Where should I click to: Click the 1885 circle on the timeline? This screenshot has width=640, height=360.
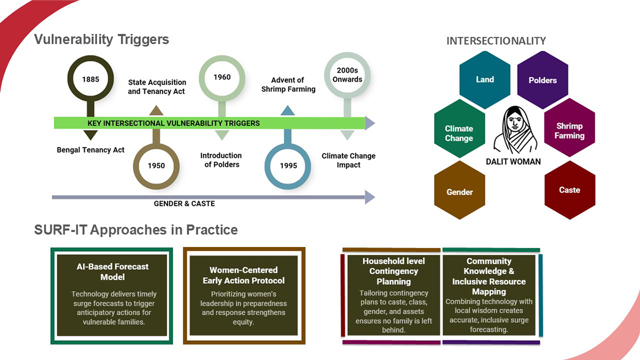point(91,79)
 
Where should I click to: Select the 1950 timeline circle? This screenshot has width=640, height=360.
point(156,165)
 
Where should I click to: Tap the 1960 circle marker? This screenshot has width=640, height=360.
point(222,78)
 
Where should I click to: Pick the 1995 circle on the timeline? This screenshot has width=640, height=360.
point(288,165)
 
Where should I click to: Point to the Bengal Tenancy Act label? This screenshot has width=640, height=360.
point(91,150)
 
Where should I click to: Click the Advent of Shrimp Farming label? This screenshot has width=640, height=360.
point(288,85)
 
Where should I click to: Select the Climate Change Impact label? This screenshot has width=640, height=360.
point(348,161)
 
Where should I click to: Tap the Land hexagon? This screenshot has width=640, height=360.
point(485,79)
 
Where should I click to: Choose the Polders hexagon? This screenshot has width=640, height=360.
point(542,81)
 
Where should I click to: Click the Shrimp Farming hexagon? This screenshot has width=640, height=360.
point(569,131)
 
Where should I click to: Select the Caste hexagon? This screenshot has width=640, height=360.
point(569,190)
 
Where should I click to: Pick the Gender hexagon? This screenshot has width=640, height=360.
point(459,192)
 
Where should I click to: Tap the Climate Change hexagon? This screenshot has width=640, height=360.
point(459,133)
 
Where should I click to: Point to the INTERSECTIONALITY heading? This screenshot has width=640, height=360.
point(496,41)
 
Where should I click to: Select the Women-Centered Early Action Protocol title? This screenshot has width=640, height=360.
point(244,275)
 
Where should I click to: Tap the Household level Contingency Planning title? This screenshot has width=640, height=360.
point(394,271)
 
